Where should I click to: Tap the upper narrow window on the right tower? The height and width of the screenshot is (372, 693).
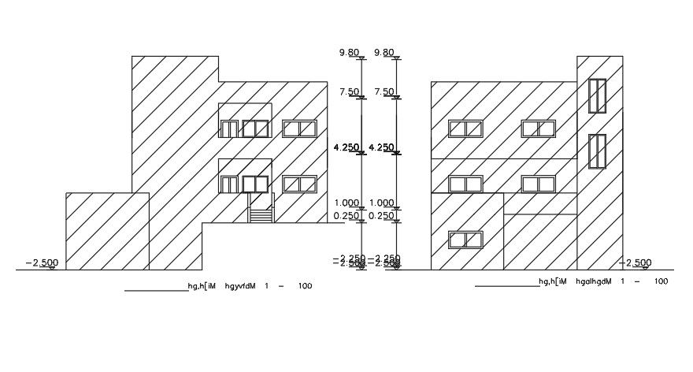tap(597, 96)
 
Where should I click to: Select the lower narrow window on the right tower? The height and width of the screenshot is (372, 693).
tap(597, 151)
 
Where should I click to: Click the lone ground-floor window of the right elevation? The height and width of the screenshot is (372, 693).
tap(465, 240)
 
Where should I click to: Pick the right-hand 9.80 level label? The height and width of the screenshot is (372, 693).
tap(385, 53)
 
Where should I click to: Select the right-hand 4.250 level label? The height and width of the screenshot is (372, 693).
tap(384, 147)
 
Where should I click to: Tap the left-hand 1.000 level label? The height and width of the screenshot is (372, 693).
tap(347, 203)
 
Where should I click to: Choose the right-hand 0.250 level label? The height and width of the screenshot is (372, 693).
tap(384, 216)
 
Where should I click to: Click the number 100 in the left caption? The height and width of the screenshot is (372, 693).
tap(303, 285)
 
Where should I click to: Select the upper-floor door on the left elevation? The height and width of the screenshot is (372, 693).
tap(229, 128)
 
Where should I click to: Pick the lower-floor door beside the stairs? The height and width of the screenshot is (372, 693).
tap(229, 184)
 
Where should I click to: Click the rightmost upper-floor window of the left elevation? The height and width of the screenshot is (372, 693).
tap(299, 128)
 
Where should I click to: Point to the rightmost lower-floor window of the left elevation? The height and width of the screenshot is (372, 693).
tap(299, 184)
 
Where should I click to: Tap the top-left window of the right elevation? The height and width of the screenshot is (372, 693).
tap(465, 128)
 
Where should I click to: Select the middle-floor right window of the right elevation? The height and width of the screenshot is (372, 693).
tap(539, 184)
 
